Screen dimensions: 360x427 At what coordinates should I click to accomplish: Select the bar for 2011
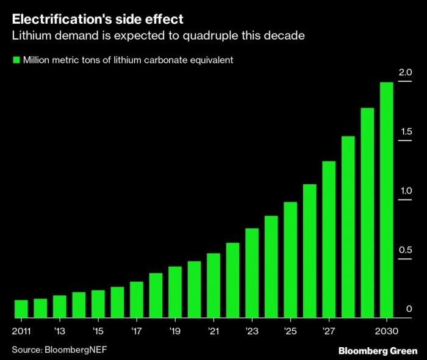[21, 309]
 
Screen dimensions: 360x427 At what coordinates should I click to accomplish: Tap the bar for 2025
[290, 260]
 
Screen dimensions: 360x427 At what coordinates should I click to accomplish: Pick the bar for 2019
[175, 292]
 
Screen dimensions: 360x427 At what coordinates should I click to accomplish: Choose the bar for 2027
[329, 239]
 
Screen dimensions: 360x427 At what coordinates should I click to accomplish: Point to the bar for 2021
[213, 286]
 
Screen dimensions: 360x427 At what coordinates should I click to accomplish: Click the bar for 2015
[98, 304]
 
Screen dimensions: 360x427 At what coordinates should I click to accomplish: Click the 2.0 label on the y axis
[405, 73]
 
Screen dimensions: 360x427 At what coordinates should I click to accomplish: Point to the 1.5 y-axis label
[405, 132]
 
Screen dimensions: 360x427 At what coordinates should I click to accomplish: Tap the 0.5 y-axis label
[405, 250]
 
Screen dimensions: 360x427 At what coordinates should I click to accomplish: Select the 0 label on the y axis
[409, 309]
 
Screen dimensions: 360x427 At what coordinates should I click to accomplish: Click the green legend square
[15, 60]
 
